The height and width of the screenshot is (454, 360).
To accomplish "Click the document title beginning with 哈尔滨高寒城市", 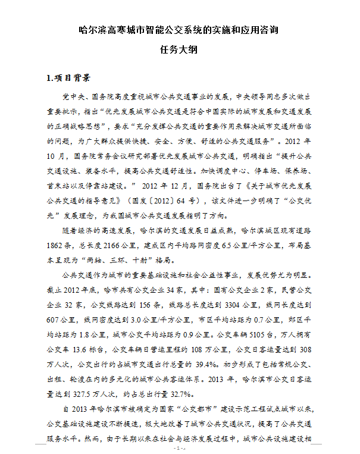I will [x=180, y=30].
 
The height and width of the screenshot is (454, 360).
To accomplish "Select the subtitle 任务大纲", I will [x=180, y=50].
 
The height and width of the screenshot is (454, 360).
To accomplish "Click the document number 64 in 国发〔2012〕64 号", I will [x=184, y=199].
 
